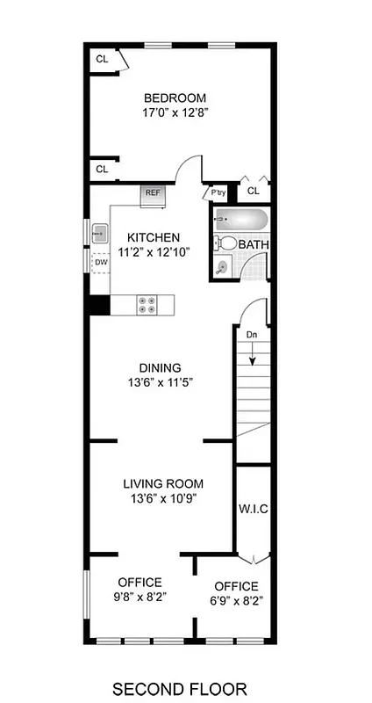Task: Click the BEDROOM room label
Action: (x=175, y=98)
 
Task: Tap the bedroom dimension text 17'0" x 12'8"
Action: (x=175, y=112)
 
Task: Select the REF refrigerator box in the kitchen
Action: (x=153, y=193)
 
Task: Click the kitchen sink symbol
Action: (x=100, y=233)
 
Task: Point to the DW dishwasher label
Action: (x=100, y=261)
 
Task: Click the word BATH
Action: (x=254, y=244)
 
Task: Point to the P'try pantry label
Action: (x=215, y=192)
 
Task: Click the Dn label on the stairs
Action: (x=252, y=333)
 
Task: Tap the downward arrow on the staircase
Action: (x=252, y=354)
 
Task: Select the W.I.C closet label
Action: (x=253, y=507)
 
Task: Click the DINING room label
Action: (x=160, y=367)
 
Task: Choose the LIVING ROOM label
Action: (x=163, y=483)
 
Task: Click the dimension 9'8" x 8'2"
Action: (x=139, y=596)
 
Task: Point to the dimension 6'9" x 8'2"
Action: (x=236, y=601)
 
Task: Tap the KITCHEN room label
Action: (x=154, y=237)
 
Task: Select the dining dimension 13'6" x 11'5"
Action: (x=160, y=382)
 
